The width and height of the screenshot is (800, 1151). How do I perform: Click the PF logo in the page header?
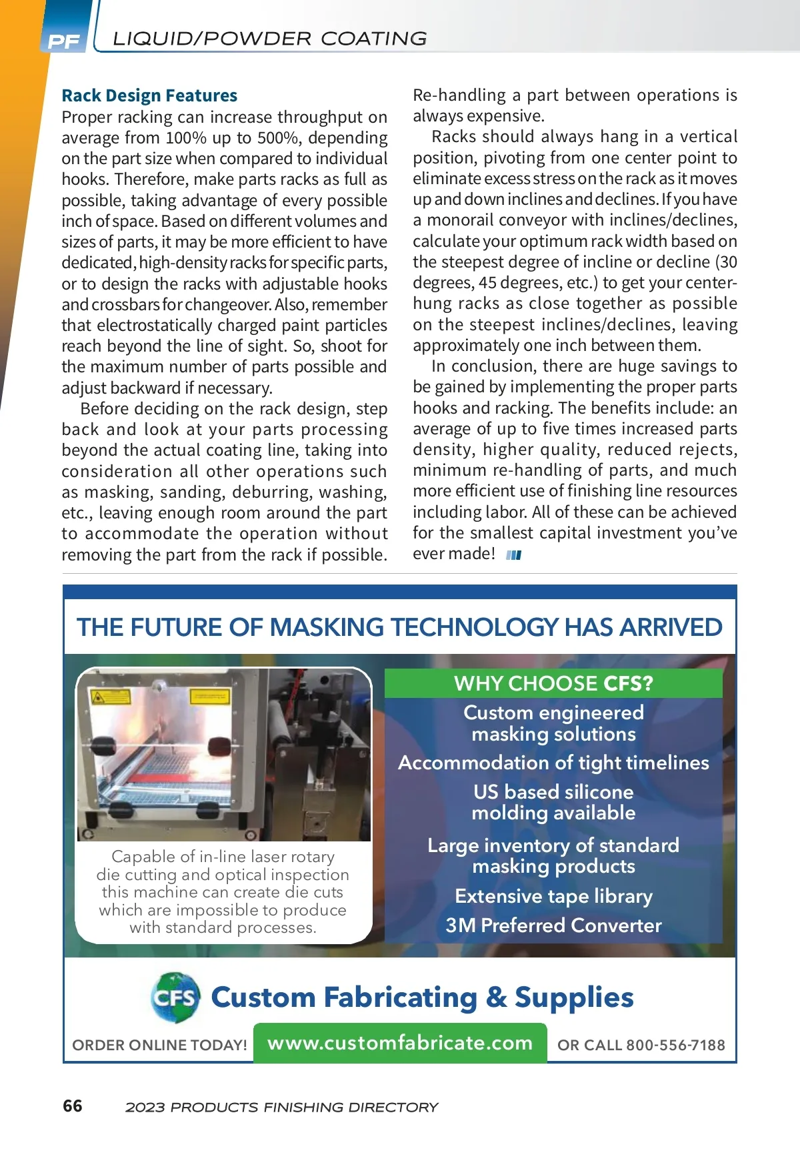click(x=64, y=41)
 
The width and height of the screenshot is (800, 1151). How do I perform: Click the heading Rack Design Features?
click(x=149, y=95)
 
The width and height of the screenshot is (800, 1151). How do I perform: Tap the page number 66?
click(x=73, y=1106)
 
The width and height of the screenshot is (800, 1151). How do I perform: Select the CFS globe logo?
click(x=175, y=998)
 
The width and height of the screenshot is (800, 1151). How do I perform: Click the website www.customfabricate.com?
click(x=400, y=1043)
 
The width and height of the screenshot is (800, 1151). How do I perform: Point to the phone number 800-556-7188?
click(x=675, y=1045)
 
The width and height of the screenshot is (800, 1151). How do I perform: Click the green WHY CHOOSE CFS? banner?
click(x=553, y=683)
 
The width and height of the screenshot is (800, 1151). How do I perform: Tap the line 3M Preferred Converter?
click(x=553, y=925)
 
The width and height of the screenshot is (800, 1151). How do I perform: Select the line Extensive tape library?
click(x=553, y=896)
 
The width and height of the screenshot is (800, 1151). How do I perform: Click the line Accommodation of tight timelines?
click(x=553, y=763)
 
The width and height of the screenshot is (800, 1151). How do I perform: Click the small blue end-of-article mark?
click(x=513, y=555)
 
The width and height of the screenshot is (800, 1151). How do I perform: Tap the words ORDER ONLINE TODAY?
click(x=159, y=1045)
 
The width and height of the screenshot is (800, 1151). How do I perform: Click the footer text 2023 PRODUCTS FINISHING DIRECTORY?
click(x=281, y=1107)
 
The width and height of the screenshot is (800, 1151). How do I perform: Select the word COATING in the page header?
click(x=374, y=39)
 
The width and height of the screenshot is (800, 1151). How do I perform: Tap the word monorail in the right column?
click(x=467, y=220)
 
